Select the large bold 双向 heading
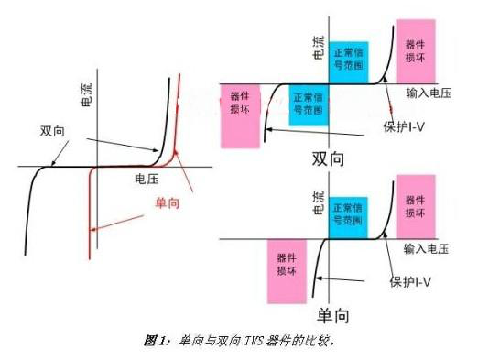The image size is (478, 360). (328, 158)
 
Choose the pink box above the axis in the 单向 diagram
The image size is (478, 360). (416, 213)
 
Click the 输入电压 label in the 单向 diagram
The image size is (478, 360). (429, 248)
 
